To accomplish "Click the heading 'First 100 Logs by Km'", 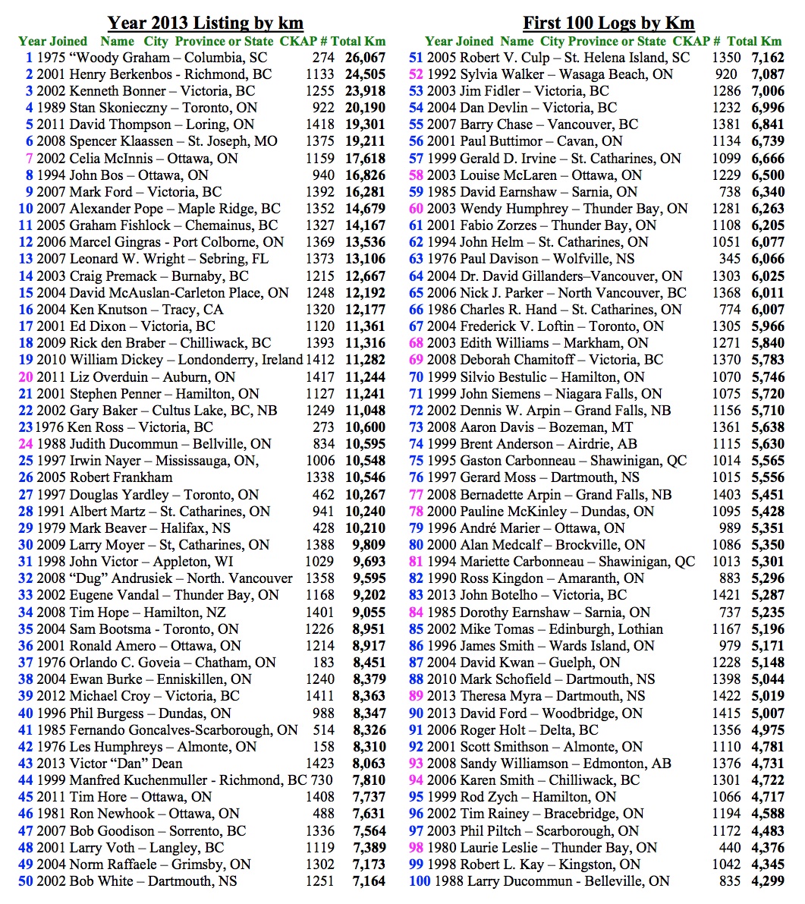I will [x=608, y=23].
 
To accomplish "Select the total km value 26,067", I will [x=366, y=58].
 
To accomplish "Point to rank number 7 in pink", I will [x=29, y=159].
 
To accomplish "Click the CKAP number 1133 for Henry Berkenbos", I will [x=319, y=74].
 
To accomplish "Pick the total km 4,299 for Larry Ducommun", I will [x=765, y=881].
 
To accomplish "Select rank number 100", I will [x=420, y=881].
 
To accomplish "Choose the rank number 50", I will [x=26, y=881].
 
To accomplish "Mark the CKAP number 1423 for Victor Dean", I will [x=319, y=764].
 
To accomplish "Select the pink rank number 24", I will [x=26, y=444].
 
